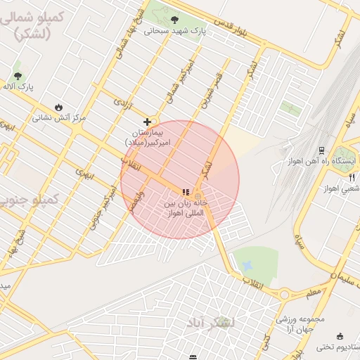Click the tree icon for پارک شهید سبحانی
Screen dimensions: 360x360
click(x=174, y=20)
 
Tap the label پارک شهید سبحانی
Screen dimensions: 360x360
click(x=175, y=31)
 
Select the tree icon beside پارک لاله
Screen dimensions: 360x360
click(x=18, y=75)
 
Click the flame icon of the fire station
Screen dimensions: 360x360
click(x=58, y=108)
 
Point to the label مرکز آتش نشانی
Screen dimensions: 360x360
click(x=60, y=117)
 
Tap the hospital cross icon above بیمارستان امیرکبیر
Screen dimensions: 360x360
click(x=147, y=122)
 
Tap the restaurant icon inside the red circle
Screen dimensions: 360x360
click(x=186, y=192)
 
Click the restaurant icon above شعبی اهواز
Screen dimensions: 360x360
click(x=352, y=178)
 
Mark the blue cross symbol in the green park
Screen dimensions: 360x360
click(x=246, y=265)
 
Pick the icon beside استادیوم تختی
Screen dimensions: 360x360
click(x=340, y=336)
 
